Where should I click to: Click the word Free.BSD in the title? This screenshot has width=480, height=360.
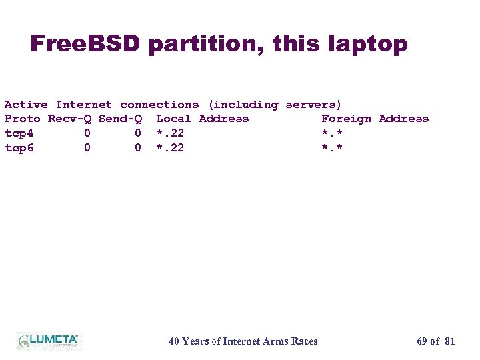(x=85, y=44)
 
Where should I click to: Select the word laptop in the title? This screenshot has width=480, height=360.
(x=368, y=44)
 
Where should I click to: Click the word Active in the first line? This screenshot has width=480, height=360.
(x=26, y=105)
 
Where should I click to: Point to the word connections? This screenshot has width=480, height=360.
(x=159, y=105)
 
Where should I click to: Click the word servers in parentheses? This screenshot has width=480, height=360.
(x=313, y=105)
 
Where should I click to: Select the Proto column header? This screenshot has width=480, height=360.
(x=23, y=119)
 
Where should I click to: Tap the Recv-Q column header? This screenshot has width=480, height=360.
(x=69, y=119)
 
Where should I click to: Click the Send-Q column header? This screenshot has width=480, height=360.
(x=120, y=119)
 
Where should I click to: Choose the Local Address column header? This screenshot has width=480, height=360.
(x=202, y=119)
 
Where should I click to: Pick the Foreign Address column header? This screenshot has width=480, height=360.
(x=375, y=119)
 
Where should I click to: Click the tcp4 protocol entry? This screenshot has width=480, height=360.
(x=19, y=133)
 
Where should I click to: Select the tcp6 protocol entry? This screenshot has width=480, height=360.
(x=19, y=147)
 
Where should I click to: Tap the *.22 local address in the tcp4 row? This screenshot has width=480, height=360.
(x=170, y=133)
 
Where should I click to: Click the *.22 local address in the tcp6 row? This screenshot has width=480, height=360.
(x=170, y=147)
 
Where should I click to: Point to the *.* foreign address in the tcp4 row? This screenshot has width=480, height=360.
(x=332, y=133)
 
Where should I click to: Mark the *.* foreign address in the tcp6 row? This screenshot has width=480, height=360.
(x=332, y=147)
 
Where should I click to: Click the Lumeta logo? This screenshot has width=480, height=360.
(x=48, y=341)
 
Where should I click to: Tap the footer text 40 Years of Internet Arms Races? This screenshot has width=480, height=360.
(x=243, y=341)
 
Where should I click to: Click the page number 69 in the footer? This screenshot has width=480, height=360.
(x=422, y=341)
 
